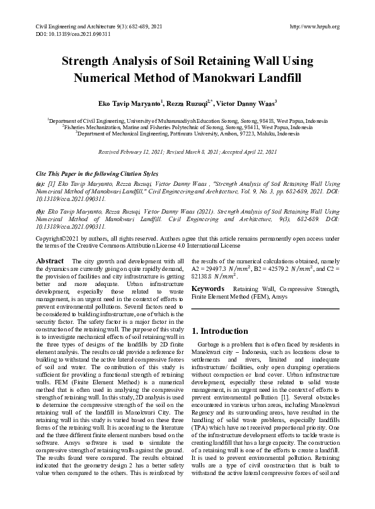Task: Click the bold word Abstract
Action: coord(50,261)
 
